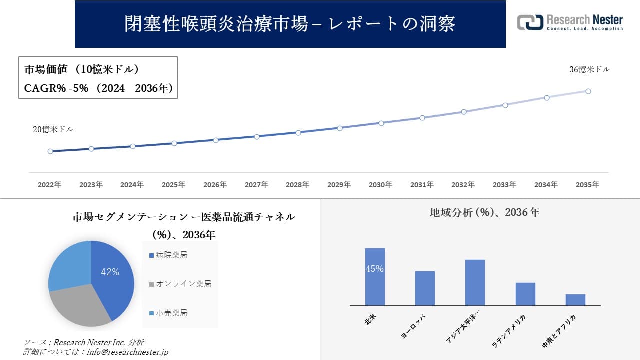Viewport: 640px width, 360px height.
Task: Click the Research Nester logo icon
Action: click(530, 22)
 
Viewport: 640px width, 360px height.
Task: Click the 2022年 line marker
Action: click(50, 151)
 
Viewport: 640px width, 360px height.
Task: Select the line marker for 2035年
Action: click(588, 91)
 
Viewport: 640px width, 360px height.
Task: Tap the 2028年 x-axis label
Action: click(298, 185)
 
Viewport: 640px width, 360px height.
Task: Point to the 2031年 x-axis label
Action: click(422, 185)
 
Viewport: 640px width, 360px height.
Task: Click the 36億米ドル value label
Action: click(589, 70)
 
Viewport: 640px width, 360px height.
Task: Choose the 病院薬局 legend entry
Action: click(168, 255)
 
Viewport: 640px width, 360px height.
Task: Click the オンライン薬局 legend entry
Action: click(180, 284)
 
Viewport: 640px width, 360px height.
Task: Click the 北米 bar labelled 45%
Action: click(375, 277)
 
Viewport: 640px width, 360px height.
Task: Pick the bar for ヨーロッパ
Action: click(425, 288)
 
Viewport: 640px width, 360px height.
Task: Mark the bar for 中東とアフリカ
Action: click(575, 300)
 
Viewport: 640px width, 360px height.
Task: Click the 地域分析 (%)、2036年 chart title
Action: click(484, 212)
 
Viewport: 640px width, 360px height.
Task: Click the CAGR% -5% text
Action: click(56, 88)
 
